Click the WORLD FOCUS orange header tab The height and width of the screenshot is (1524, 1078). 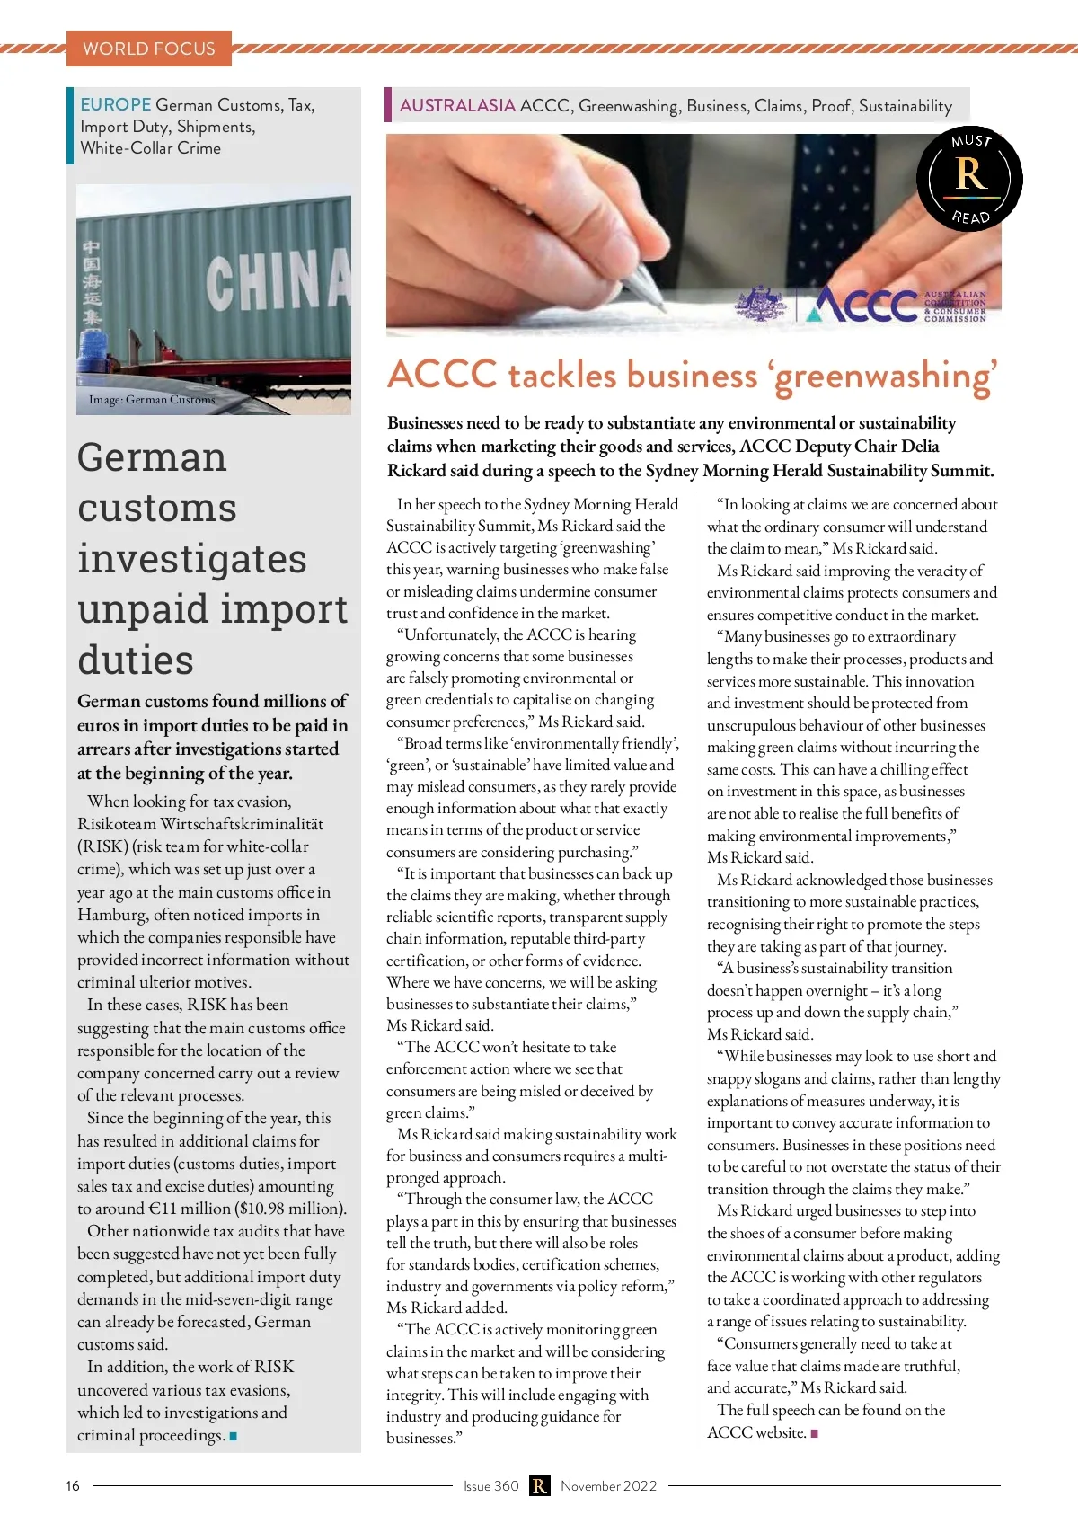(149, 49)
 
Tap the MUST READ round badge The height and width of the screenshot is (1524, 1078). (970, 179)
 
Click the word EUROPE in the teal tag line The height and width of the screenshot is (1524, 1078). (116, 105)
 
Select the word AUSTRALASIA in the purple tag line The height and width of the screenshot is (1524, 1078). (457, 106)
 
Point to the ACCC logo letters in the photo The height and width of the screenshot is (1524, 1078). (862, 305)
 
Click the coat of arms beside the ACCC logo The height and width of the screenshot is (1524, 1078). (761, 304)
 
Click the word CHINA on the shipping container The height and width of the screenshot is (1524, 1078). (278, 278)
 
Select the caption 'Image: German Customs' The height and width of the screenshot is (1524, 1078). (152, 400)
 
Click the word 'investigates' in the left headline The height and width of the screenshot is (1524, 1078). (192, 559)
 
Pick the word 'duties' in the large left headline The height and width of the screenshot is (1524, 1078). (136, 660)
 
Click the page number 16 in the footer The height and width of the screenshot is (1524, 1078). (73, 1486)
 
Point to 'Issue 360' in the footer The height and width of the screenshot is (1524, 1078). (491, 1486)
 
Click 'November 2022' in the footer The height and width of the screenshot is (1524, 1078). (609, 1486)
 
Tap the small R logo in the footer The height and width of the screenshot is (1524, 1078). (539, 1486)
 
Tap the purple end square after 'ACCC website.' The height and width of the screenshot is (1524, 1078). (815, 1433)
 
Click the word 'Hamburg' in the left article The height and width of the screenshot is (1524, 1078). (111, 916)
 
